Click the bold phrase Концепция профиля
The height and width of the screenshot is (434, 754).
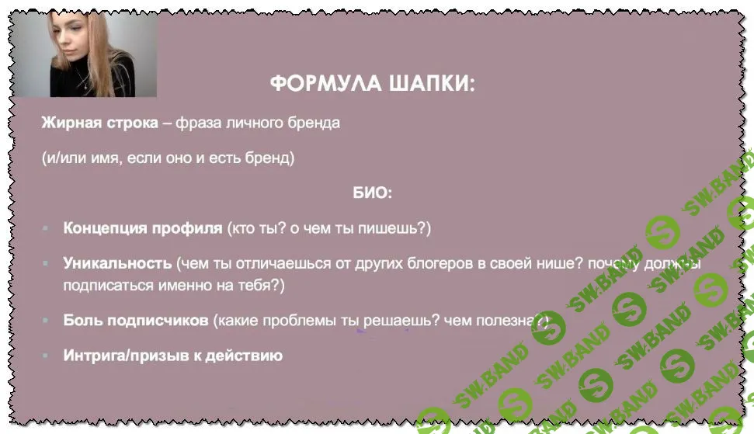pyautogui.click(x=143, y=229)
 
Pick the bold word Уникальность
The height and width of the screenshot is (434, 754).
pyautogui.click(x=117, y=262)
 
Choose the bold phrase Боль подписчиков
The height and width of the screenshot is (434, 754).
pyautogui.click(x=136, y=320)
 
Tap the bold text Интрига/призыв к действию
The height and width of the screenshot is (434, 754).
pyautogui.click(x=172, y=356)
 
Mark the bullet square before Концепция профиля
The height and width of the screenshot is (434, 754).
pyautogui.click(x=46, y=229)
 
